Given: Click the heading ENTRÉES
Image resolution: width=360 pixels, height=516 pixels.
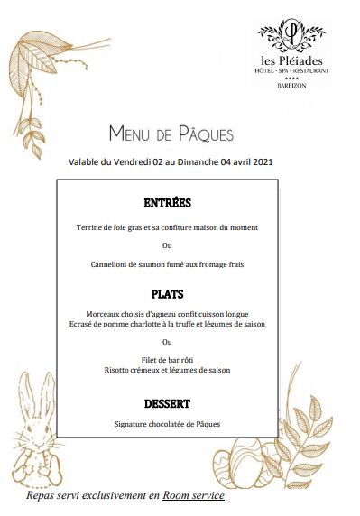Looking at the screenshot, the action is [167, 203].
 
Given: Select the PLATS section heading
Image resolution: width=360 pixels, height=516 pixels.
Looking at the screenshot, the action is [167, 294].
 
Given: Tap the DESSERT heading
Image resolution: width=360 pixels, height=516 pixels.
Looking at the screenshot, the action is [167, 403].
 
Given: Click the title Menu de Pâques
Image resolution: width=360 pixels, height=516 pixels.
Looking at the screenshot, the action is [171, 134].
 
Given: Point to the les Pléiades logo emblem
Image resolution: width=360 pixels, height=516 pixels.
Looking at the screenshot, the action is [291, 34].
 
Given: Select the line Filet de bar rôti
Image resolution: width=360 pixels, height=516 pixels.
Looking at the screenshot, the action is [167, 360].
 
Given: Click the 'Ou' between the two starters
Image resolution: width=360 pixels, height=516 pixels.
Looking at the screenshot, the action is [167, 245].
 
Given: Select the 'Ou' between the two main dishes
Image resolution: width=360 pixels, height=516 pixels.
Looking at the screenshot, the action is [167, 342].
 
